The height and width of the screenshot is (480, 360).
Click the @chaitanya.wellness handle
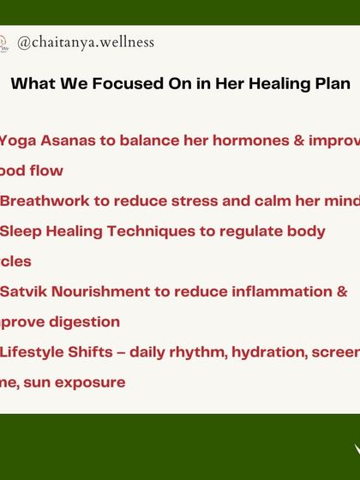pos(86,41)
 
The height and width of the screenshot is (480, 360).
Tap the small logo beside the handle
pos(3,41)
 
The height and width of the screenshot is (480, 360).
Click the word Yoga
pos(16,140)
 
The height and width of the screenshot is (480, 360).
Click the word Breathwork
pos(43,201)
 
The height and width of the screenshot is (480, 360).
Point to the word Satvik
pos(23,291)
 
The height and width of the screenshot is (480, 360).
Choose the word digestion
pos(83,322)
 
